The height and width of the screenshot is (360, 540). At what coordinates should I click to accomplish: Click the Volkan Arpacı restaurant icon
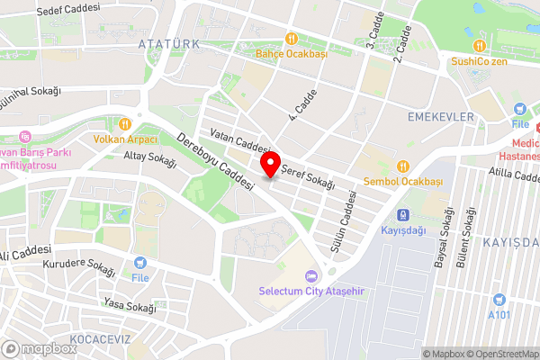(126, 123)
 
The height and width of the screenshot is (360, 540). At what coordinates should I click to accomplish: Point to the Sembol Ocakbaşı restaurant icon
(403, 166)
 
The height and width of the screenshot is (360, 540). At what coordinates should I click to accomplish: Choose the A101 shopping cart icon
(498, 299)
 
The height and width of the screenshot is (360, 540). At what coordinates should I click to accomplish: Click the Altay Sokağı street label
(149, 157)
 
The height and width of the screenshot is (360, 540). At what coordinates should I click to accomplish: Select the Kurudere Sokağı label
(79, 267)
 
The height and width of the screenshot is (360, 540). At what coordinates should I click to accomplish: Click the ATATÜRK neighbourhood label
(166, 43)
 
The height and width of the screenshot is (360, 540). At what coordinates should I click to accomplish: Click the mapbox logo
(40, 348)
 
